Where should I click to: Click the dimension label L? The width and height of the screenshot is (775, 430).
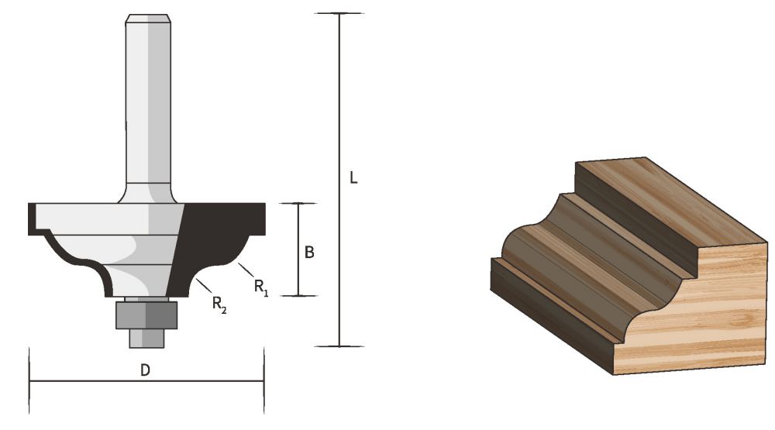[353, 178]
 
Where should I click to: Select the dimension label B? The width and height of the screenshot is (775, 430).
[308, 253]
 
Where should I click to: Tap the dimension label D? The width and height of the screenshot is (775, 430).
[145, 370]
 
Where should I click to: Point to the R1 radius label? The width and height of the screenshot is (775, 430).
[260, 287]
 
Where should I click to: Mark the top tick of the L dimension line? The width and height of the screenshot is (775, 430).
[339, 14]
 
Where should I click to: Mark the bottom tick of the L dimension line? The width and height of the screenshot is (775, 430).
[339, 346]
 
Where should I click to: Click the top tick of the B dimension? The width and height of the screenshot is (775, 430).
[298, 204]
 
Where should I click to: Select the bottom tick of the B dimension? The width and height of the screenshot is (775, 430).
[298, 295]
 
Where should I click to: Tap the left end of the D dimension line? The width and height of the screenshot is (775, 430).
[29, 380]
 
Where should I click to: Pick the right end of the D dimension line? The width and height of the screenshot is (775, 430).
[264, 380]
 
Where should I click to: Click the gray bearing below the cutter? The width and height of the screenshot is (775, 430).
[146, 315]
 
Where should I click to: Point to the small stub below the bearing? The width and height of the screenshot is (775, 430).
[146, 337]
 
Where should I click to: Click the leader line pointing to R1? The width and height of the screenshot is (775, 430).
[245, 271]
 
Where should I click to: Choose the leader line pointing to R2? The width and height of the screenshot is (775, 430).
[202, 286]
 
